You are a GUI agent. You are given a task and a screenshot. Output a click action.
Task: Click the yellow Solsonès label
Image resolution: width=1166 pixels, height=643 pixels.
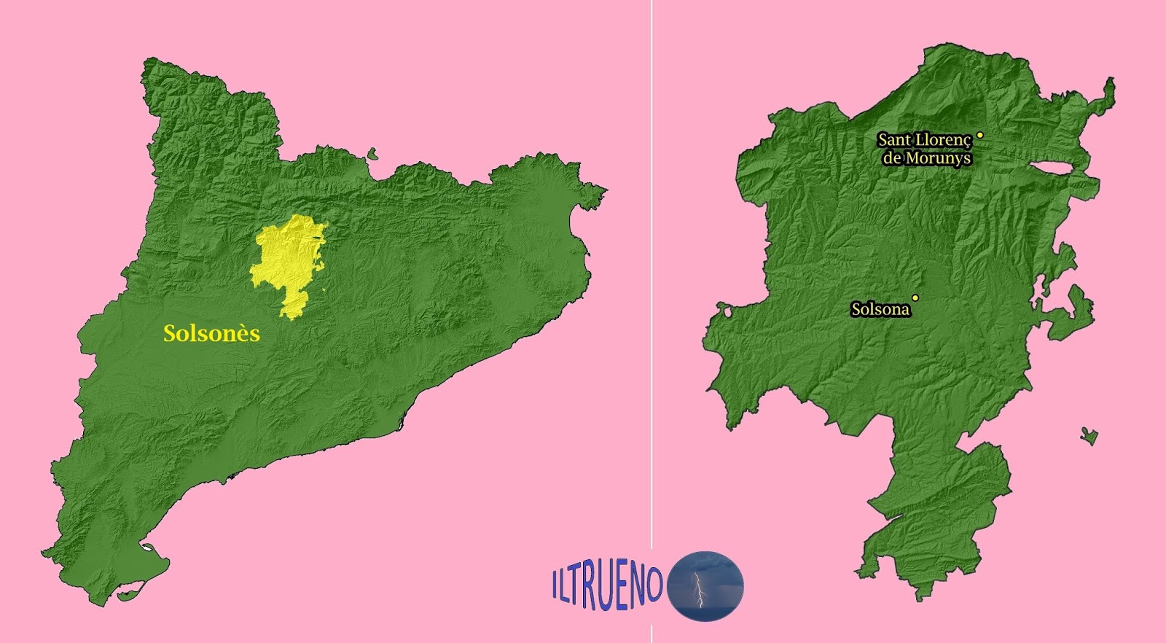tap(211, 334)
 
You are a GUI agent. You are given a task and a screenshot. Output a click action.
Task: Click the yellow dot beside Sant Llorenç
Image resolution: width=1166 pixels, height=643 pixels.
tap(980, 135)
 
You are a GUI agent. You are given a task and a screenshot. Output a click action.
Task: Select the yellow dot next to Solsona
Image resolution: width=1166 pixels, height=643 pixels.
tap(915, 297)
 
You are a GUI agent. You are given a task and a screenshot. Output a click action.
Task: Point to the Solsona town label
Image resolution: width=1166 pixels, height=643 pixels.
tap(880, 310)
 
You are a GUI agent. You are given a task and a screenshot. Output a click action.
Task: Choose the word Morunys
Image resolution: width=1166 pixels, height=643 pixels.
tap(939, 157)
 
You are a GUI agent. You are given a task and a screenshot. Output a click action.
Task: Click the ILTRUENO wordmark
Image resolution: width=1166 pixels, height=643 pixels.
tap(606, 582)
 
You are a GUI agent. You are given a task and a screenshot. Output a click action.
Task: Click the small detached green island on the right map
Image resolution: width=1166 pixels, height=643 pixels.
tap(1089, 435)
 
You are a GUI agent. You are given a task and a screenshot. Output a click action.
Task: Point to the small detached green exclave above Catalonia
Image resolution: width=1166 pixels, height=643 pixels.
tap(373, 154)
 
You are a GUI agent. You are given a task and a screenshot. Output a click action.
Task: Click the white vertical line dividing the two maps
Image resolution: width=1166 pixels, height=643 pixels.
tap(652, 292)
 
